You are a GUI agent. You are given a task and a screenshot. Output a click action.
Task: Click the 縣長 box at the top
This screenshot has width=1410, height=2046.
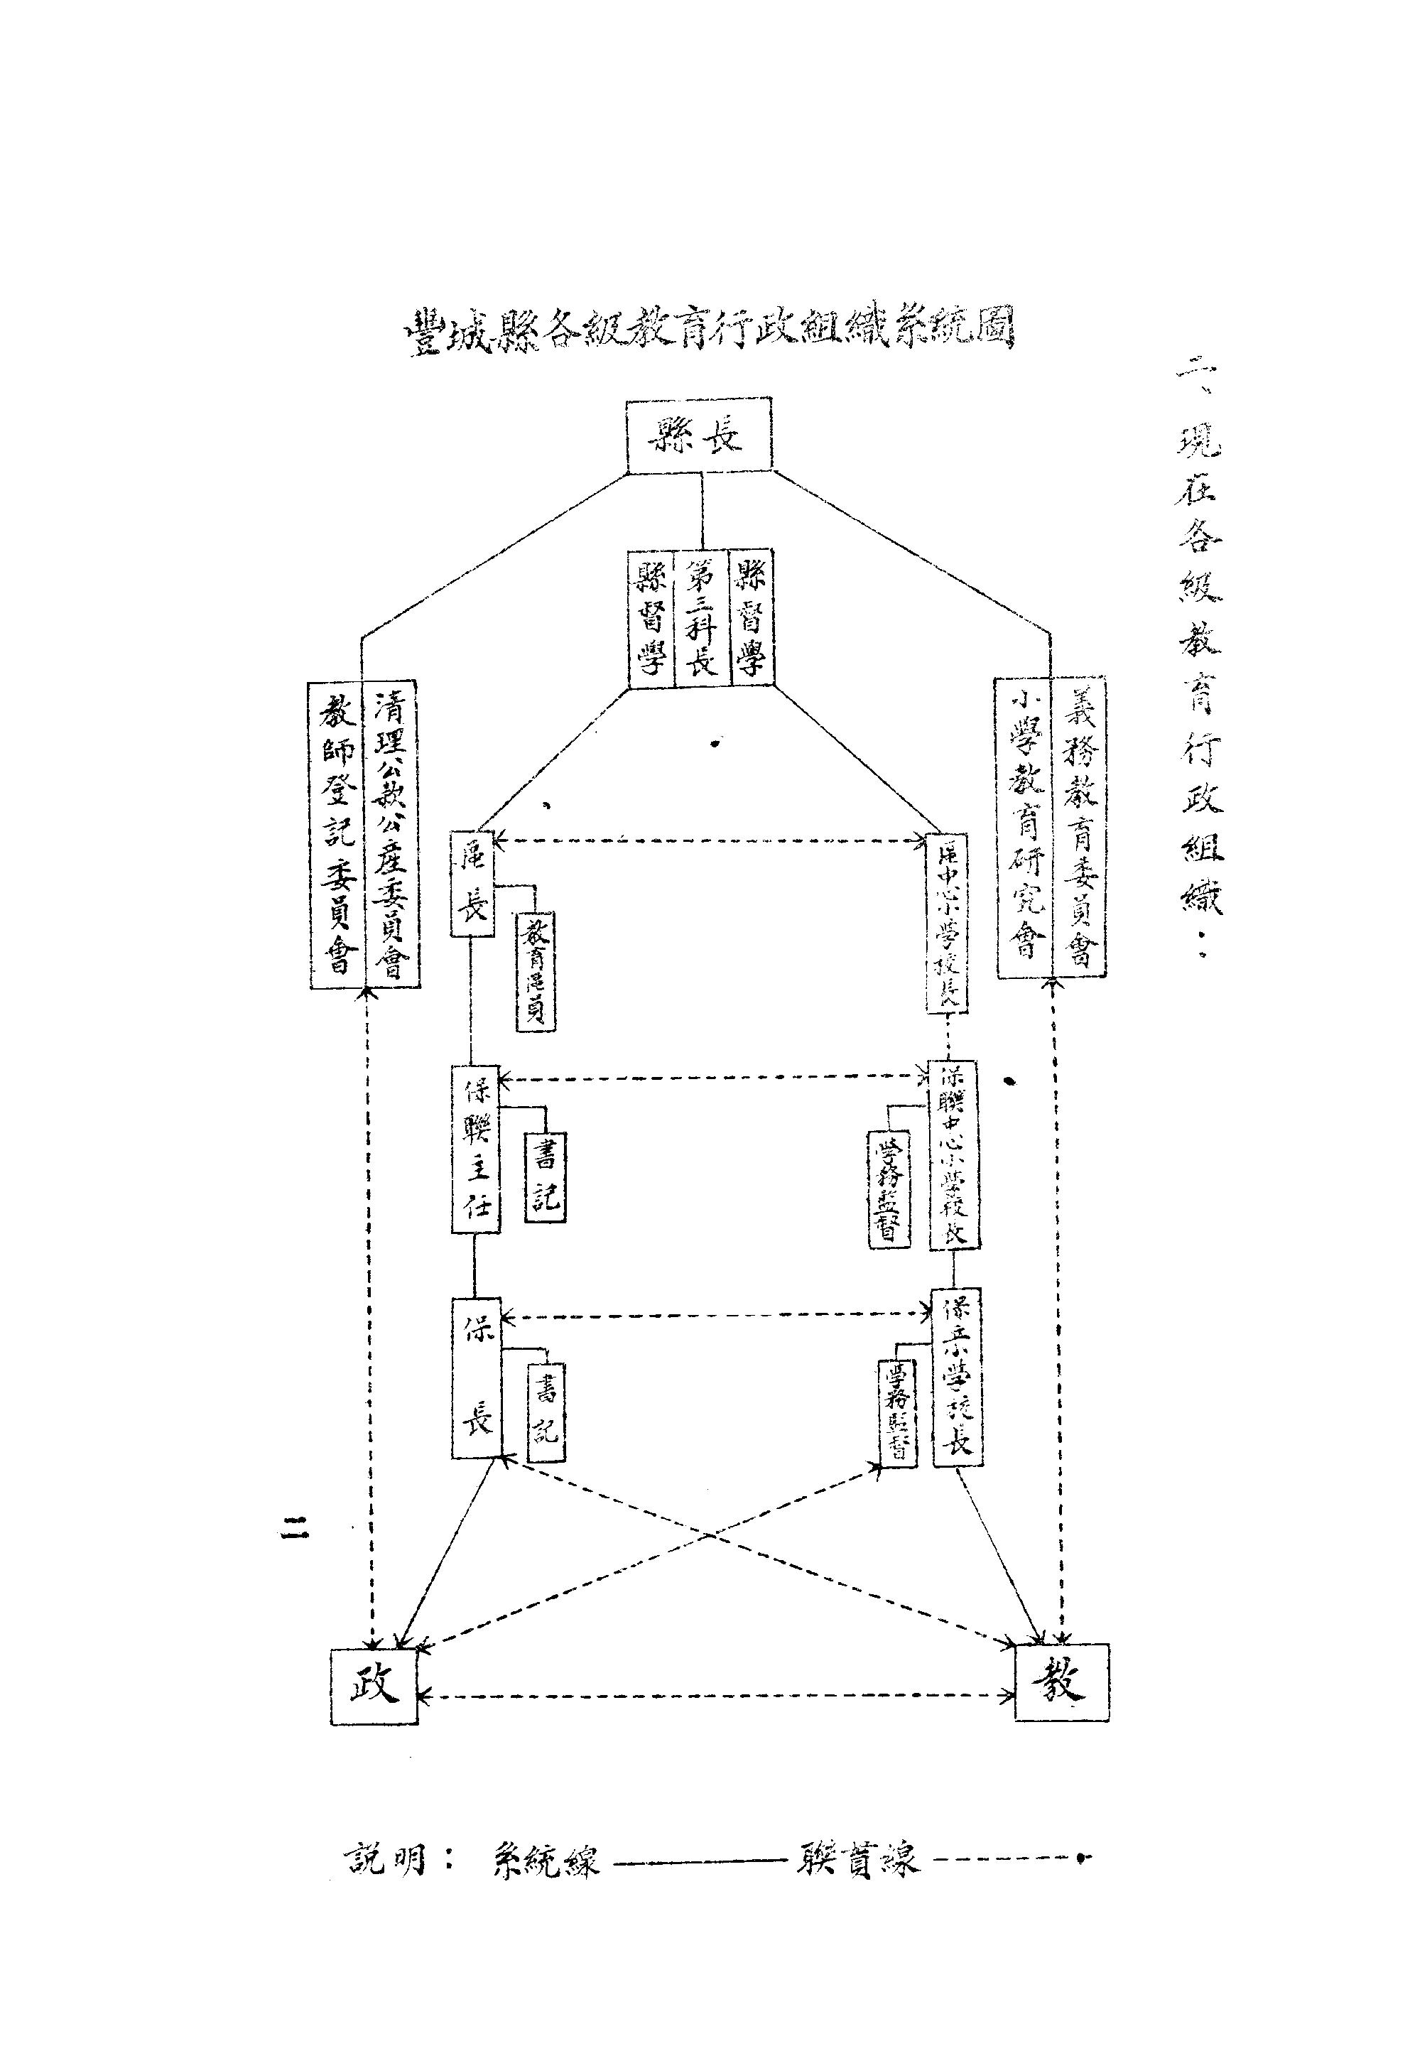pos(698,434)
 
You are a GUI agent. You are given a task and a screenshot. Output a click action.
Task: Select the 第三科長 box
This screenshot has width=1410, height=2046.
pos(702,618)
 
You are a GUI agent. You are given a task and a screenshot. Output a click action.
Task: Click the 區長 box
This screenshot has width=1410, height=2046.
pos(472,884)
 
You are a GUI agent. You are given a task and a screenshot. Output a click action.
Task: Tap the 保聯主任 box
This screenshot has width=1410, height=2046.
pos(475,1149)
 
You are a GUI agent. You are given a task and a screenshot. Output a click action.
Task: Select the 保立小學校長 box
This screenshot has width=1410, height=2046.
pos(958,1377)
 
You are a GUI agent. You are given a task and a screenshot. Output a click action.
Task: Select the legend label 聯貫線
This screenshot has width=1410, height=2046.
pos(857,1861)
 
